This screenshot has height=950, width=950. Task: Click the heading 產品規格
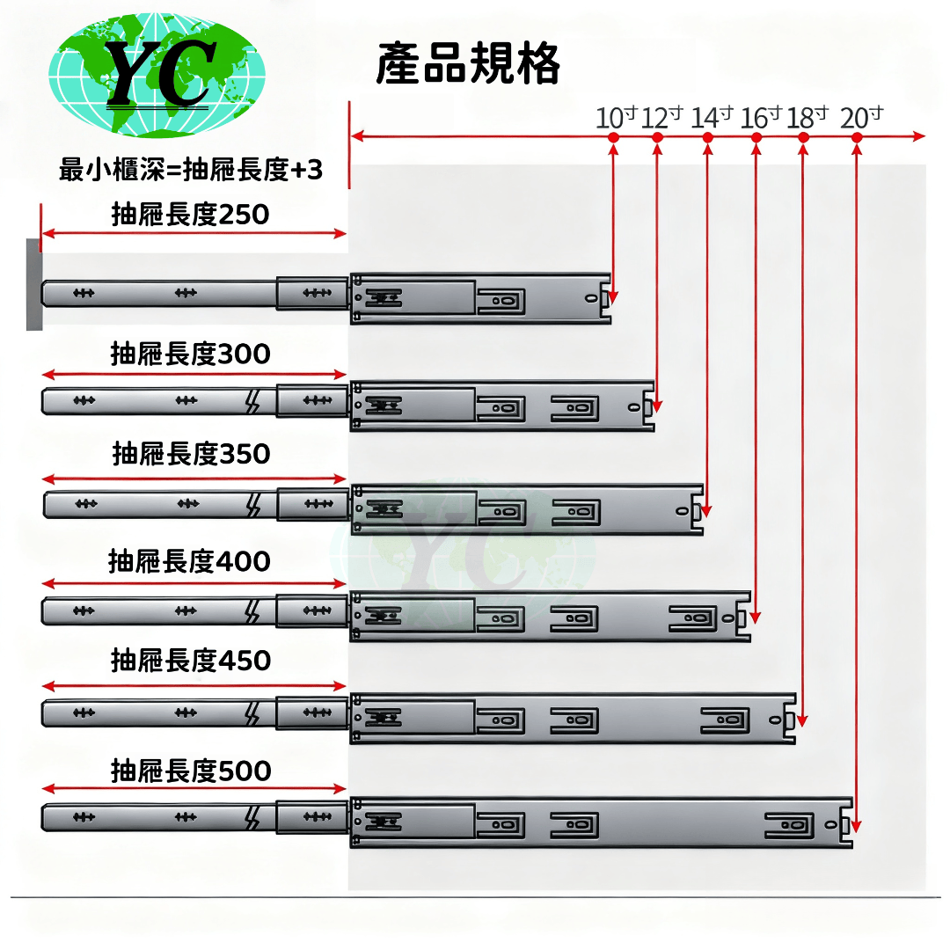point(468,64)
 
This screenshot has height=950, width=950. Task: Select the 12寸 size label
point(661,117)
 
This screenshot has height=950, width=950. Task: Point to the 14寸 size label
point(712,117)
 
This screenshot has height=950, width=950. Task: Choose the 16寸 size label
point(760,117)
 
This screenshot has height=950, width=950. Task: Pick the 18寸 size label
point(807,117)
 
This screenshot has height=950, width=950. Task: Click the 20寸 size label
point(861,117)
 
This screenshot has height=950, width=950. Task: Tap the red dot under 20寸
point(857,137)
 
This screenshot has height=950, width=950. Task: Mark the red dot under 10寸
point(613,137)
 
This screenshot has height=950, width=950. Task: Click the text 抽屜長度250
point(191,215)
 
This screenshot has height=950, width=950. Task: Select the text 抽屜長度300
point(191,354)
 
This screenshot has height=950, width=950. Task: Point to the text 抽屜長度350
point(191,455)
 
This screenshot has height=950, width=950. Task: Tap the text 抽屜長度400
point(189,561)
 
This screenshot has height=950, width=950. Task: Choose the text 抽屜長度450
point(191,661)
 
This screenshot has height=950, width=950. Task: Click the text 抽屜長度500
point(191,771)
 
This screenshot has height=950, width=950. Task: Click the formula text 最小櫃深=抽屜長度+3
point(191,170)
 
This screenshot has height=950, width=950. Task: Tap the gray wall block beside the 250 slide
point(34,285)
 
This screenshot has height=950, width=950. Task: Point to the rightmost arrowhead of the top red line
point(920,137)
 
